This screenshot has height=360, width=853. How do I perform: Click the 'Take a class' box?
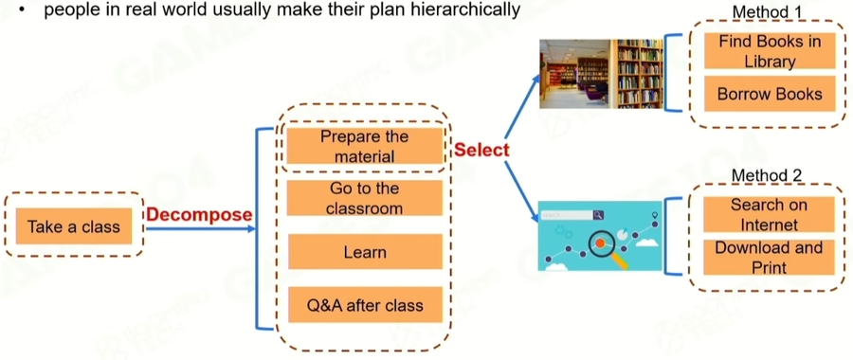74,225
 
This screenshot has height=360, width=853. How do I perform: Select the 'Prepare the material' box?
365,146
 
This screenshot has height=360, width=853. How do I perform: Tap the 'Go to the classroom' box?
365,198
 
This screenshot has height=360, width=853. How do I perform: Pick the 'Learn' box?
365,252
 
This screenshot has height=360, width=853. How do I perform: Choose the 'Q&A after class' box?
365,304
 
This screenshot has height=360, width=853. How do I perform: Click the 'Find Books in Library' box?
770,51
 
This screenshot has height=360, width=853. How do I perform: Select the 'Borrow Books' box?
770,94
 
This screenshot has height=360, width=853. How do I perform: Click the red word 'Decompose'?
200,215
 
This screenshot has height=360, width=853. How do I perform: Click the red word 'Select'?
482,150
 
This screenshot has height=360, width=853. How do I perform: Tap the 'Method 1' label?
767,11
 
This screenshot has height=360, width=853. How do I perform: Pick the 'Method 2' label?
767,175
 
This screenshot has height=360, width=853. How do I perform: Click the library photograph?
601,73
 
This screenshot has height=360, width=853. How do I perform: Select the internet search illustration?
600,236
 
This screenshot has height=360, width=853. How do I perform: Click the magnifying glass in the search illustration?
605,246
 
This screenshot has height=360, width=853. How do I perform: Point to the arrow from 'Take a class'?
201,229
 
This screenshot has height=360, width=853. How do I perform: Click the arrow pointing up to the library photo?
523,106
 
